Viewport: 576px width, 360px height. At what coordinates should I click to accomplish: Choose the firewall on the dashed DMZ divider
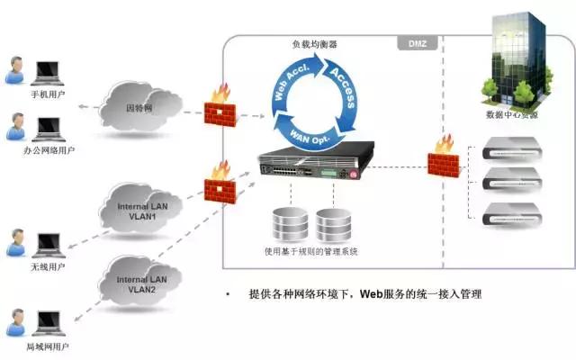pyautogui.click(x=443, y=160)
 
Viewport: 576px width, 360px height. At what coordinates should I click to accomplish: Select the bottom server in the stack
pyautogui.click(x=513, y=215)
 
